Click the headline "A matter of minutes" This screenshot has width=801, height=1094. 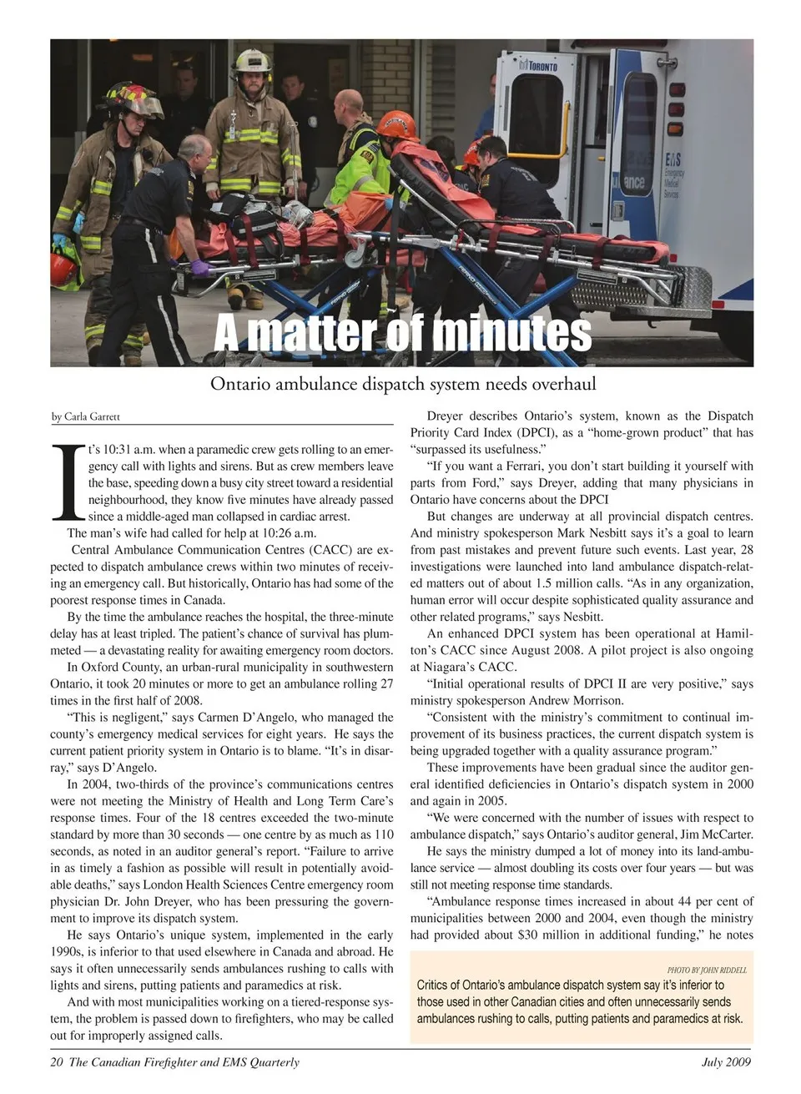pos(402,333)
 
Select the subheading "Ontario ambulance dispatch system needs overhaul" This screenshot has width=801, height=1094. pos(402,385)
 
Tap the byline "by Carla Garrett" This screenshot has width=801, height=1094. pos(86,416)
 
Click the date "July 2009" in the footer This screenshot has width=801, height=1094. pos(725,1062)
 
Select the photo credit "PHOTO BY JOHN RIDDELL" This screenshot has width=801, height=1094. pos(707,970)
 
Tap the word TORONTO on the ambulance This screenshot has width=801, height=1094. pos(542,66)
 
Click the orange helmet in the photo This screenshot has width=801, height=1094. pos(396,126)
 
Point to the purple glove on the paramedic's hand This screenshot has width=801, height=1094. pos(200,268)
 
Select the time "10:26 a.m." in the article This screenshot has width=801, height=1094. pos(289,533)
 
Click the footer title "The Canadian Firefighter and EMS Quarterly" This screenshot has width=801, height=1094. pos(184,1062)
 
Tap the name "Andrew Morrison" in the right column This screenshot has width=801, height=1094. pos(577,701)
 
